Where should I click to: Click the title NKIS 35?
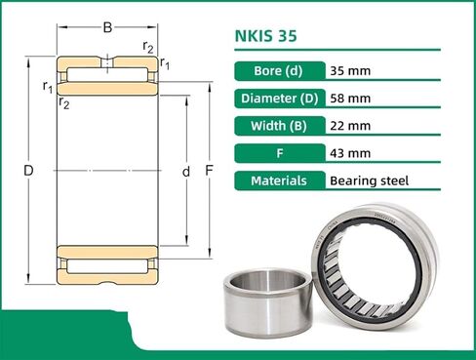266,38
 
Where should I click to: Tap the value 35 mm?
352,71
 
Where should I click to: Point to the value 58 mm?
352,99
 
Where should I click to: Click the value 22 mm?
352,126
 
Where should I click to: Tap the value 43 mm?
352,153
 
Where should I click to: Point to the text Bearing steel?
370,180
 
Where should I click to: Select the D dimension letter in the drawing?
29,172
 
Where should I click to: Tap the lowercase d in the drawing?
185,172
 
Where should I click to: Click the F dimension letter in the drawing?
209,172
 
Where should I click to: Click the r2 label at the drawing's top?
147,46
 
